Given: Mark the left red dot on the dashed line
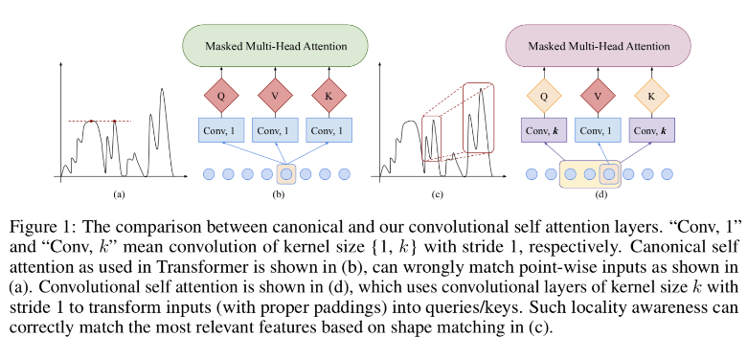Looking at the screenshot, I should [90, 122].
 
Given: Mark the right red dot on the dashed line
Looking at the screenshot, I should [114, 122].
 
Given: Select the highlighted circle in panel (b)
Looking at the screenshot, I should [286, 174].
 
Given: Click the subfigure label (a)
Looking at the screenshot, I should [119, 194].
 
